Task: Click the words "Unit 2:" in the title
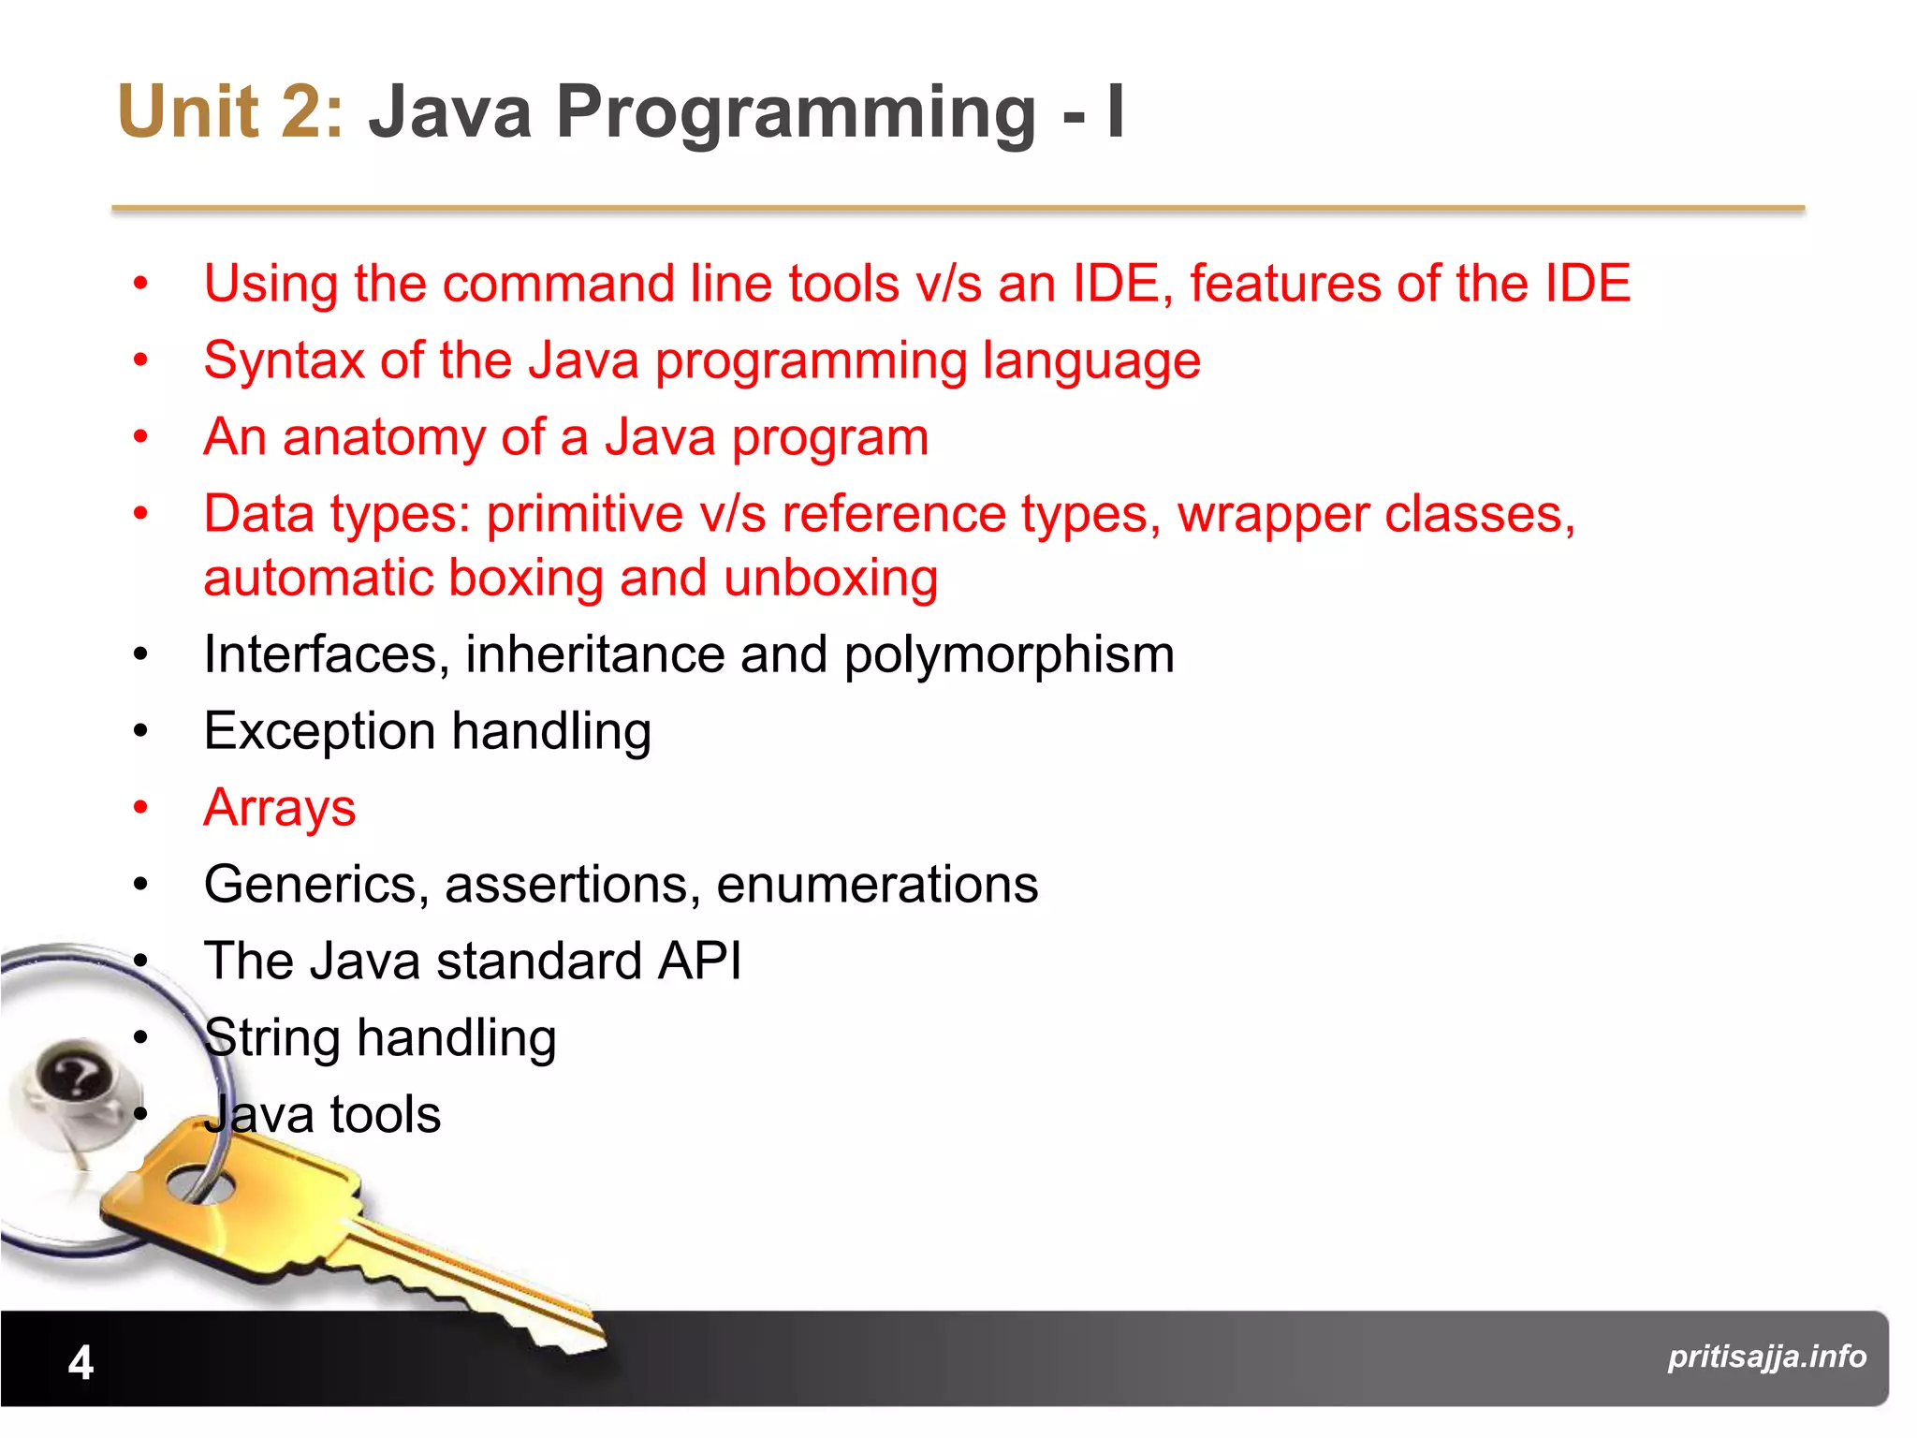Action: pos(230,112)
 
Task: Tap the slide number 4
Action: pos(81,1362)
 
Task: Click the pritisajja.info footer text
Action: pos(1766,1357)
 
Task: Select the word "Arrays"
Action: pos(280,808)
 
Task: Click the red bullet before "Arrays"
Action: pos(140,807)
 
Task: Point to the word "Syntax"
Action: pos(283,361)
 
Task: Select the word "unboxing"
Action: pos(830,578)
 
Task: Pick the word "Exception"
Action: pos(319,731)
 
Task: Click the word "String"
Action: pos(271,1038)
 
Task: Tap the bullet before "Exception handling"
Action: pos(140,730)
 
